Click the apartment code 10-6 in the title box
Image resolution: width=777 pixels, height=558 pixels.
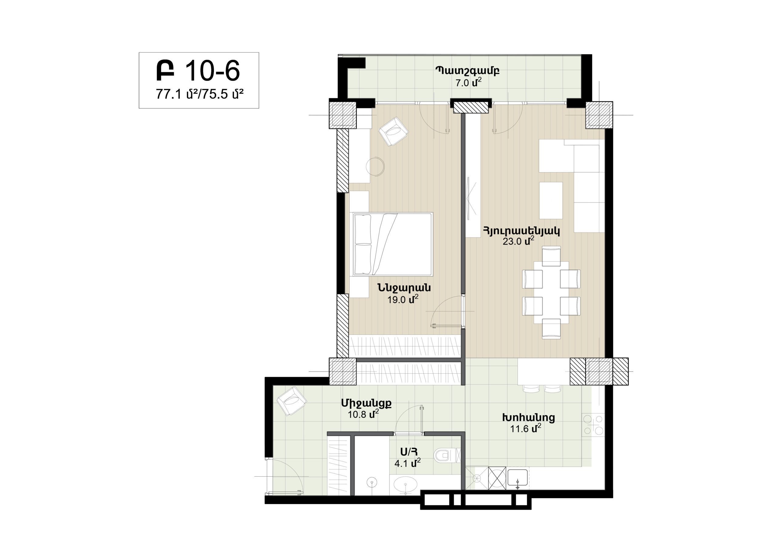(212, 71)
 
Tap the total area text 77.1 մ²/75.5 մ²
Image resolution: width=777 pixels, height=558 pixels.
(200, 94)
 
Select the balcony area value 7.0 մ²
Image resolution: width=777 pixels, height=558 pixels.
(469, 83)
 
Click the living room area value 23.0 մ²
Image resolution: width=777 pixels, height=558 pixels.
(518, 241)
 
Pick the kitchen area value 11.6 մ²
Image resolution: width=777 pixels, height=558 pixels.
(525, 428)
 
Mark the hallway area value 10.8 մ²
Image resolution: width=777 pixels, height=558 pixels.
(363, 414)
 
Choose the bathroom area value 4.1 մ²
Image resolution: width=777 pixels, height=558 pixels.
(407, 463)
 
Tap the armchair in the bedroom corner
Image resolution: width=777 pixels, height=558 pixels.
(394, 131)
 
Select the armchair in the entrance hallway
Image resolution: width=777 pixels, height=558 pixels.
(292, 401)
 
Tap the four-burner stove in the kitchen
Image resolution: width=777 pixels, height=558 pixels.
(593, 425)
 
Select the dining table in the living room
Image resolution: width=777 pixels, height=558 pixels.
(551, 292)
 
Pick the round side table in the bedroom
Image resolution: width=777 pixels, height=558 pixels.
(375, 167)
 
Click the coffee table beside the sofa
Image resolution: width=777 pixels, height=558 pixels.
(551, 200)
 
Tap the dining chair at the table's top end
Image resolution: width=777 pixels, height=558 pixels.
(551, 256)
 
